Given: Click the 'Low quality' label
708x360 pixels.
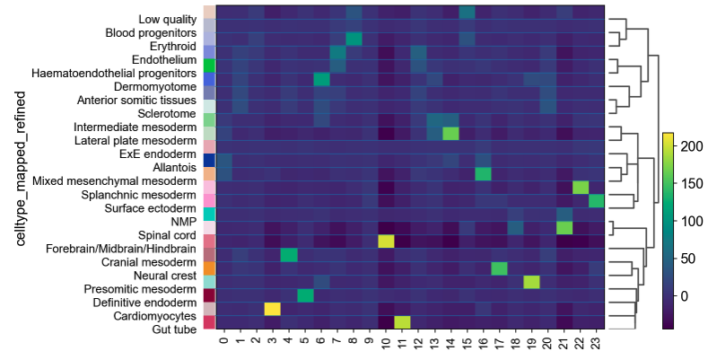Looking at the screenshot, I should tap(170, 19).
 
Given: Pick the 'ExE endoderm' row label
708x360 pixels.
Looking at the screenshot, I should tap(162, 153).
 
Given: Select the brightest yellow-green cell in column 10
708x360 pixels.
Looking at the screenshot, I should tap(386, 241).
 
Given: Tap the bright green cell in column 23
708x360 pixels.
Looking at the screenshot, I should tap(596, 200).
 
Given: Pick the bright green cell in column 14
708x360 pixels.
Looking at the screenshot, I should tap(450, 134).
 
